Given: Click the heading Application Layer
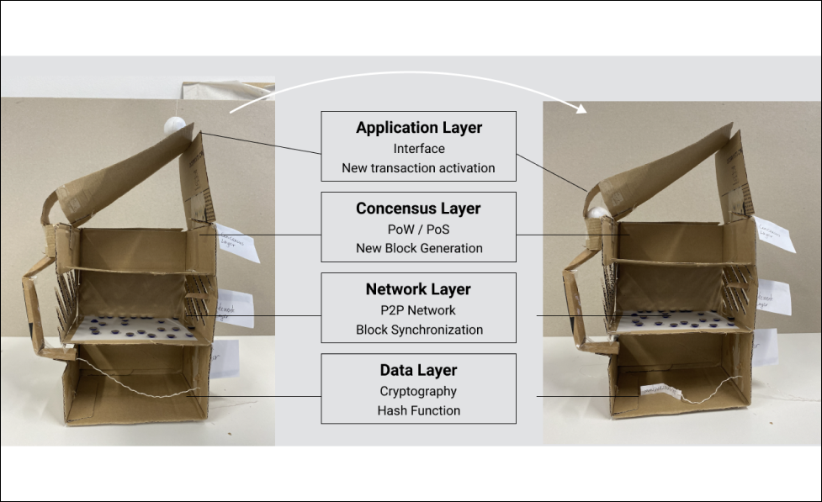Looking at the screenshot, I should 418,128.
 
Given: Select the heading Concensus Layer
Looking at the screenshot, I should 418,209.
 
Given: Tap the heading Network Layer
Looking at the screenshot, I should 418,289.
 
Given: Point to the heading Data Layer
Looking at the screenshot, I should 418,370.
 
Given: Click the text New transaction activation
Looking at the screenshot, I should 418,168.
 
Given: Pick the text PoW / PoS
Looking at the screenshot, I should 418,229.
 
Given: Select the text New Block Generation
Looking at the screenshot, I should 418,248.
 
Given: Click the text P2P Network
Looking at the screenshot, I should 418,309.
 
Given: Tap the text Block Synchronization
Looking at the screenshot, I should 418,330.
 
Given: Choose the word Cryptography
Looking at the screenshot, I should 418,391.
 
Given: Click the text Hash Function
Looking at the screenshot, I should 418,410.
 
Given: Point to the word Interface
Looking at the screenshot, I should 418,149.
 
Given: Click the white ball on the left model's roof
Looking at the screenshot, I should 174,126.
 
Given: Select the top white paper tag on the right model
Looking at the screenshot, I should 775,234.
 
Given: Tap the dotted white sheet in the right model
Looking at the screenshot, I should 678,320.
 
